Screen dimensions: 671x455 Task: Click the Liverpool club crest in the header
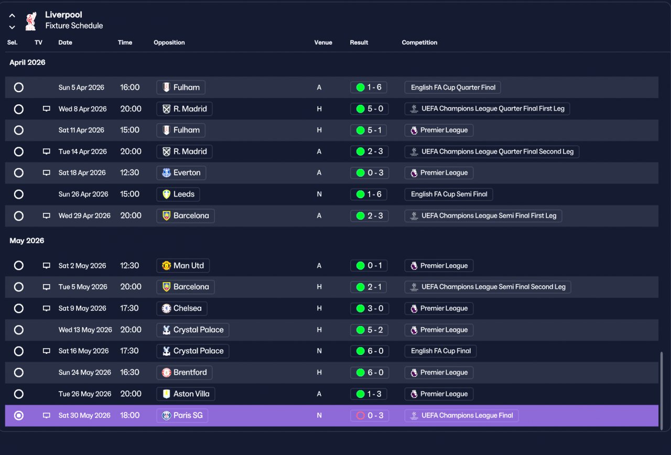(x=31, y=21)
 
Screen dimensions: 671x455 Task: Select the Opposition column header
(x=169, y=42)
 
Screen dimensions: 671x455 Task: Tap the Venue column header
(x=323, y=42)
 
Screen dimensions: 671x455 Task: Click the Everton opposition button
(x=181, y=173)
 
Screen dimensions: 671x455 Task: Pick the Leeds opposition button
(x=178, y=194)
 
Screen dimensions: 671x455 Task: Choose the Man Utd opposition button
(x=183, y=266)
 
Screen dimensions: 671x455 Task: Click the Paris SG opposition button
(x=182, y=416)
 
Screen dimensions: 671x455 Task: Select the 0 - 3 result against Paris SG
(x=370, y=416)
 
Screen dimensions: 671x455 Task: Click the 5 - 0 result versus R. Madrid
(x=370, y=109)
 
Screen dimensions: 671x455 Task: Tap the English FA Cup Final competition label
(x=440, y=351)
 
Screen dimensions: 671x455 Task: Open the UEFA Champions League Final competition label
(x=461, y=416)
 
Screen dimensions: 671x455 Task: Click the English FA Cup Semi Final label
(x=449, y=194)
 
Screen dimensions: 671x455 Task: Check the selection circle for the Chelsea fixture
(x=18, y=308)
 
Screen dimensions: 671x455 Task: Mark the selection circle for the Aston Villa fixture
(x=18, y=394)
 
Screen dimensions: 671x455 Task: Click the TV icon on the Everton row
(x=47, y=173)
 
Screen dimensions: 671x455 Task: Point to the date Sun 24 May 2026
(x=85, y=373)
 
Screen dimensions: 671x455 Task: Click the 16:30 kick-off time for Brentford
(x=129, y=372)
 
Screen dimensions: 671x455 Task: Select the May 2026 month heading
(x=27, y=241)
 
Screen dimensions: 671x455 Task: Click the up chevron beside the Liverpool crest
(x=12, y=16)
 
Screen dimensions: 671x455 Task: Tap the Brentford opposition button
(x=184, y=373)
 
